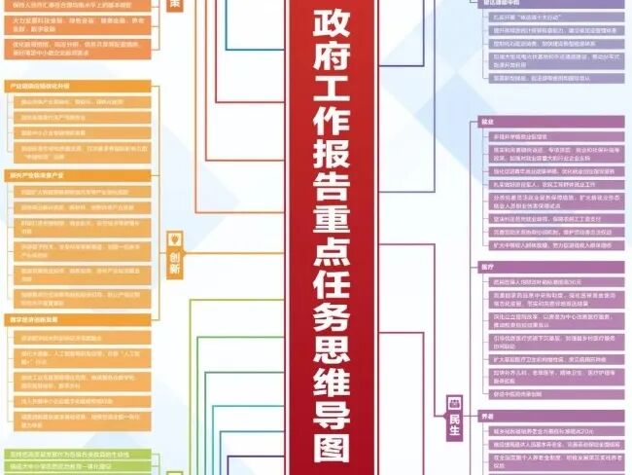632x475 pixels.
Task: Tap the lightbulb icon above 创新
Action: [175, 238]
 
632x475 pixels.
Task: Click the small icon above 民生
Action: [454, 399]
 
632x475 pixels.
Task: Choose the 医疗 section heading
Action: [487, 266]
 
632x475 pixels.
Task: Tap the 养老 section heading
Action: [487, 417]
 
